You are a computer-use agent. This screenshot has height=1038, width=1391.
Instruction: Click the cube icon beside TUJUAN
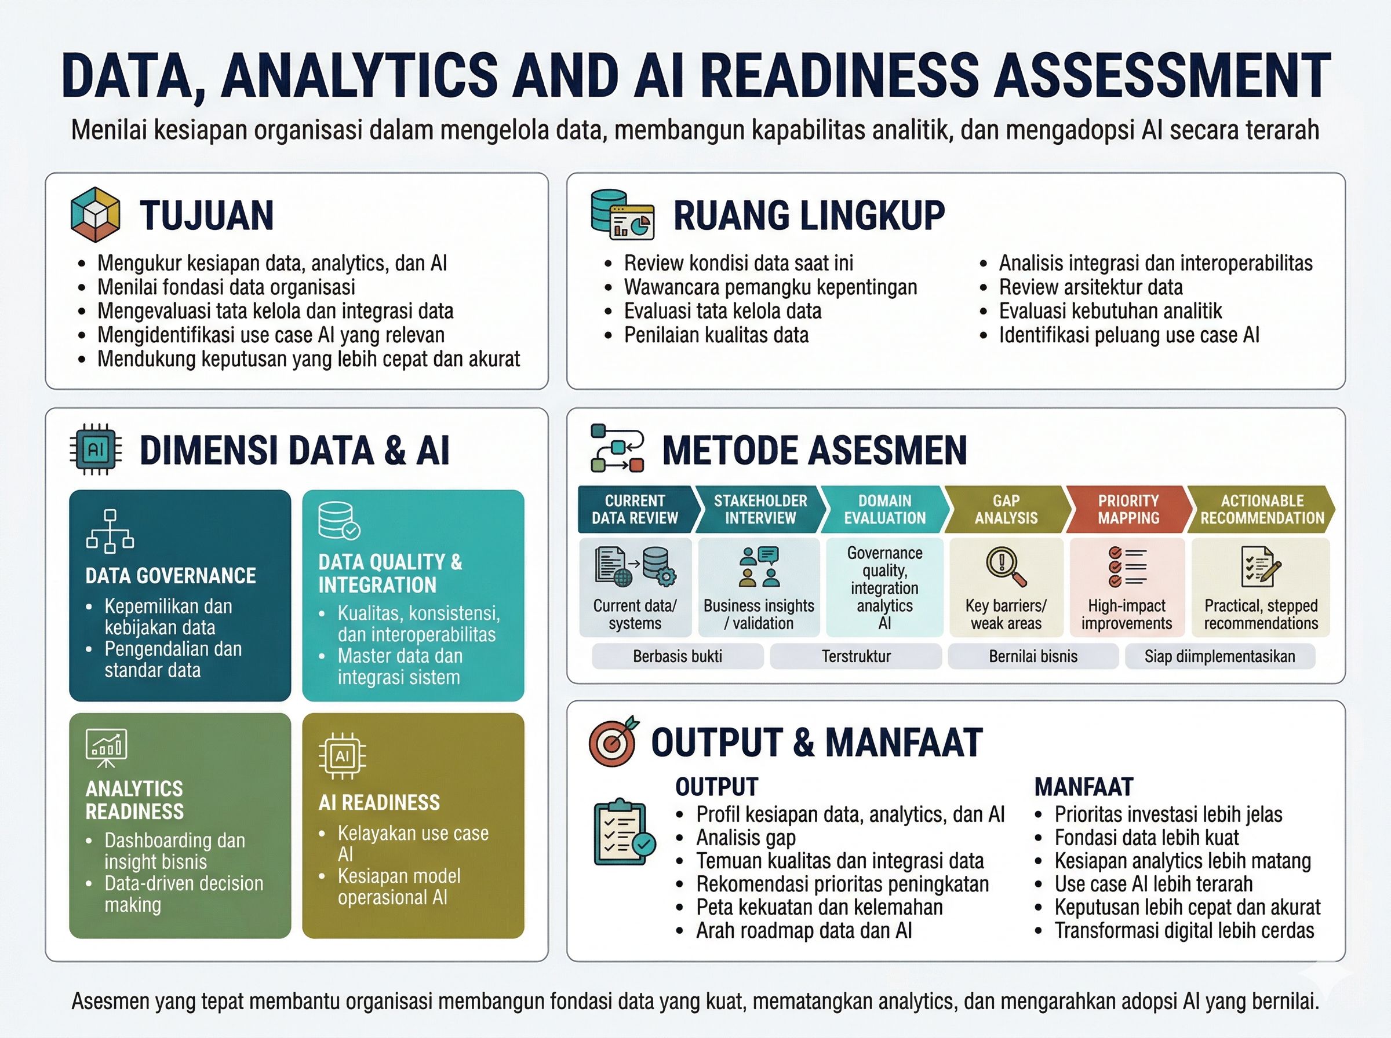[95, 215]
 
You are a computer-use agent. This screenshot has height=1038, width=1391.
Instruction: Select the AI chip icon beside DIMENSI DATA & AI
[96, 449]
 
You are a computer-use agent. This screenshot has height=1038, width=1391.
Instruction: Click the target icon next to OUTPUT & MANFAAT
[613, 741]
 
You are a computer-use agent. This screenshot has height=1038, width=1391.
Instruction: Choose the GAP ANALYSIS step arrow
[1006, 509]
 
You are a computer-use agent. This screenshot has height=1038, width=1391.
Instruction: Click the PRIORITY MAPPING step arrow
[1128, 509]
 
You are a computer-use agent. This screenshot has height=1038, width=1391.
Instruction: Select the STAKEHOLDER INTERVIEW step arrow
[760, 509]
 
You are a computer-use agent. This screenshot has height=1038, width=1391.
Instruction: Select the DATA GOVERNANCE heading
[170, 576]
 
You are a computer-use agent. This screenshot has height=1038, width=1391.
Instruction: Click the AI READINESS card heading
[379, 802]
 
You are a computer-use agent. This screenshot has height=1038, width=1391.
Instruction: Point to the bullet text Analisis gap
[745, 838]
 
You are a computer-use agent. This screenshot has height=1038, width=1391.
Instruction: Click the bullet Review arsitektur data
[1091, 287]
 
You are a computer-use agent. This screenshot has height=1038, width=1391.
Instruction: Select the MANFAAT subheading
[1084, 787]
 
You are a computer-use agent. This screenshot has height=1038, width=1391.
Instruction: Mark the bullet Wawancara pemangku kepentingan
[770, 287]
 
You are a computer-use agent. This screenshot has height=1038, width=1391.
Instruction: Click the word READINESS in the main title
[840, 75]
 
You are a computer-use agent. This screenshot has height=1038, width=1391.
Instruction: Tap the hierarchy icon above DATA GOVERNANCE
[110, 532]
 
